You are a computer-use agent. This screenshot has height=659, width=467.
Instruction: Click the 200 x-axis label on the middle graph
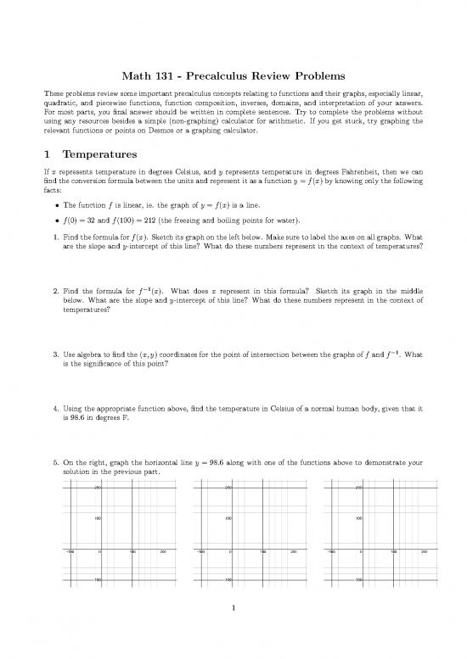[293, 550]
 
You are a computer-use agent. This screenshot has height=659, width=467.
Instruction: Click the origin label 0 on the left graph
[100, 550]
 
